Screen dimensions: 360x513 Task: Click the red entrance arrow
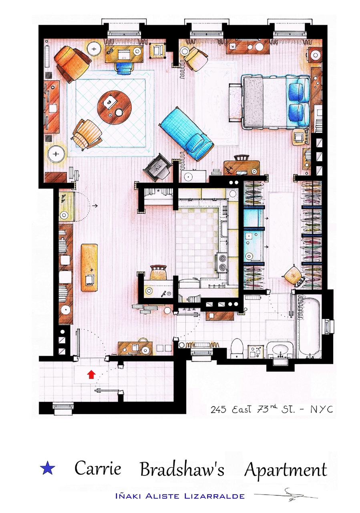click(x=91, y=375)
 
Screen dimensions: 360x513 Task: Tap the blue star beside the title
click(x=47, y=468)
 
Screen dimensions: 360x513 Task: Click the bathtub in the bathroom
click(x=309, y=326)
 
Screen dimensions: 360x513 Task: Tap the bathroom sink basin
click(x=280, y=349)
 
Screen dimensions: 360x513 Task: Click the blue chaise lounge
click(x=187, y=134)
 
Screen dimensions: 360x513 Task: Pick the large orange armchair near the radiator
click(x=72, y=64)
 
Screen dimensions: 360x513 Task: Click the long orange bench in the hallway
click(x=89, y=267)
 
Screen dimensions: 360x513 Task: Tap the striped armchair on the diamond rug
click(x=87, y=135)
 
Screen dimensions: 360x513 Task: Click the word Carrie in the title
click(x=98, y=468)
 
